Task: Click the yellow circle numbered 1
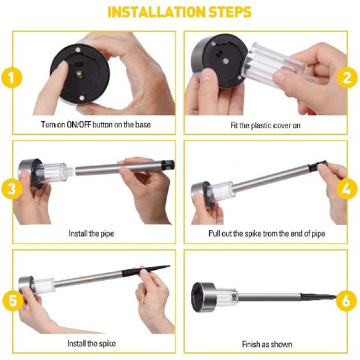pyautogui.click(x=11, y=77)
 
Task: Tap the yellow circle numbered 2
pyautogui.click(x=347, y=77)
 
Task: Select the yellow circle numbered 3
pyautogui.click(x=11, y=189)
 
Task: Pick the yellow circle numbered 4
pyautogui.click(x=347, y=189)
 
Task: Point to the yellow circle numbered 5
pyautogui.click(x=13, y=300)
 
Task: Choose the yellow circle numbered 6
pyautogui.click(x=347, y=300)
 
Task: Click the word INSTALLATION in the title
pyautogui.click(x=156, y=12)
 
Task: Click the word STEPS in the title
pyautogui.click(x=230, y=12)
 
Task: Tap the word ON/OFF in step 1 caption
pyautogui.click(x=79, y=125)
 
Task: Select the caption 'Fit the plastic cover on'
pyautogui.click(x=266, y=126)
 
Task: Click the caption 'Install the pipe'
pyautogui.click(x=91, y=234)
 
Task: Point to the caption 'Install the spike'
pyautogui.click(x=91, y=343)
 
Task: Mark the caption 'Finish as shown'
pyautogui.click(x=267, y=344)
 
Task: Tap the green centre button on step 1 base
pyautogui.click(x=79, y=74)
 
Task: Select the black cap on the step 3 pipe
pyautogui.click(x=168, y=165)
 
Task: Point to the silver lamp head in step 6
pyautogui.click(x=203, y=297)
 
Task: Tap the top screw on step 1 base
pyautogui.click(x=78, y=50)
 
